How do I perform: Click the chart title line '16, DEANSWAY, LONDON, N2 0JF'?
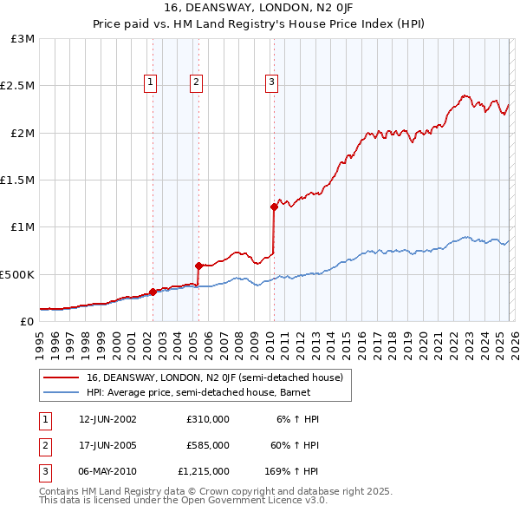[x=259, y=8]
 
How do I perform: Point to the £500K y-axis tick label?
[x=17, y=274]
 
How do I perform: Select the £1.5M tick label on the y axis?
[x=17, y=181]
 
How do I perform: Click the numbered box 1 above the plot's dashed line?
[x=151, y=82]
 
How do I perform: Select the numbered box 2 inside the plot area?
[x=197, y=82]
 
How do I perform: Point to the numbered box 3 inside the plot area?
[x=271, y=82]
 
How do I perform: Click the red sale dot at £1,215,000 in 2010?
[x=274, y=207]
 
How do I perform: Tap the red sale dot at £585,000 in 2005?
[x=198, y=266]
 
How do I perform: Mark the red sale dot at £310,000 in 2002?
[x=153, y=292]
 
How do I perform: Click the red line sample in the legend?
[x=61, y=377]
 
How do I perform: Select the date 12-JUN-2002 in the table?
[x=107, y=419]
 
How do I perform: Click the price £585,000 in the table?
[x=207, y=445]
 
